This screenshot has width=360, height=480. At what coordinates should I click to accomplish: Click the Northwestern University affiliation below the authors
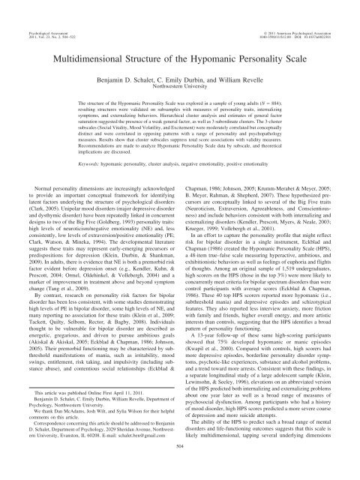click(180, 86)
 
